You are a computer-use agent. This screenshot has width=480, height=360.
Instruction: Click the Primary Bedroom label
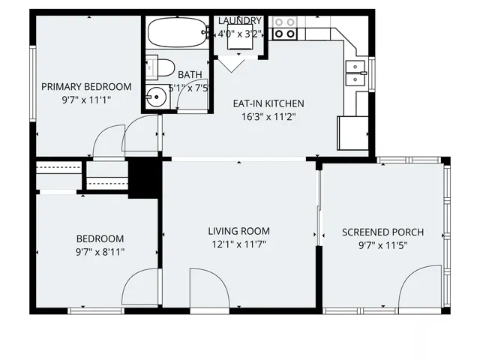pos(86,87)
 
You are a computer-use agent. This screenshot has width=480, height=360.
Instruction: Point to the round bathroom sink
pos(157,97)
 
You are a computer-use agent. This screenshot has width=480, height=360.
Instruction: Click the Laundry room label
pos(240,20)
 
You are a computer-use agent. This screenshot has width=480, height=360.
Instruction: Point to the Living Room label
pos(239,231)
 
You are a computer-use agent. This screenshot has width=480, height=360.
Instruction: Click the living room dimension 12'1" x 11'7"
pos(239,244)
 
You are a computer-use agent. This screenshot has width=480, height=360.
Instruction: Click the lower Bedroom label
pos(100,238)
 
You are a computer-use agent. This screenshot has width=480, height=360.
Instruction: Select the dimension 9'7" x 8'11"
pos(100,251)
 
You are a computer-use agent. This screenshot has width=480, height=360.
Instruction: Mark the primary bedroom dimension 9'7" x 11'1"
pos(86,100)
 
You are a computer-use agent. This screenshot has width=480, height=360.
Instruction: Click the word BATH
pos(190,74)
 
